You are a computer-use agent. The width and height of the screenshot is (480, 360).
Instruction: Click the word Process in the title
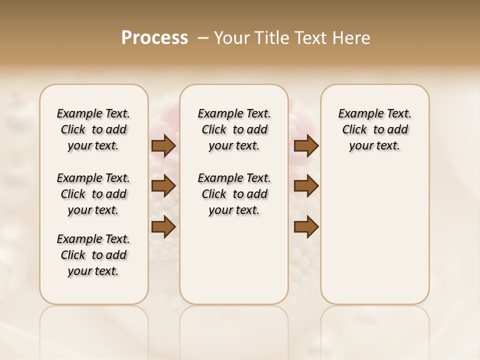pyautogui.click(x=154, y=38)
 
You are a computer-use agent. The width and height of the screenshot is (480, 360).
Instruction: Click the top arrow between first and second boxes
pyautogui.click(x=163, y=145)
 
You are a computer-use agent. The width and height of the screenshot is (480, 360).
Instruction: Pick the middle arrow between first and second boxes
pyautogui.click(x=163, y=186)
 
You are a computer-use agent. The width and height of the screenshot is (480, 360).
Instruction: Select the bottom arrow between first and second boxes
pyautogui.click(x=163, y=226)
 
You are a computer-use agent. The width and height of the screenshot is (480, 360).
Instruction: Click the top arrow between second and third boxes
pyautogui.click(x=306, y=145)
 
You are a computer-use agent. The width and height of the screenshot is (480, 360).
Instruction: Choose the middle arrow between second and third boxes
pyautogui.click(x=306, y=186)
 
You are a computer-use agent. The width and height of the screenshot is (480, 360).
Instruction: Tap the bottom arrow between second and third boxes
pyautogui.click(x=306, y=226)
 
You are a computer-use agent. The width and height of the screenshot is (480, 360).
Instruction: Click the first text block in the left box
pyautogui.click(x=93, y=129)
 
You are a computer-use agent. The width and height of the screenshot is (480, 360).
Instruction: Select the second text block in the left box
pyautogui.click(x=93, y=194)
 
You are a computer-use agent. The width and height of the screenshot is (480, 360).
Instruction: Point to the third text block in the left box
pyautogui.click(x=93, y=255)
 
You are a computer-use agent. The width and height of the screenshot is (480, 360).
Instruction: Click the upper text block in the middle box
pyautogui.click(x=234, y=129)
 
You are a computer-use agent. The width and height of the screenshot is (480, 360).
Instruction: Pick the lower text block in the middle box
pyautogui.click(x=234, y=194)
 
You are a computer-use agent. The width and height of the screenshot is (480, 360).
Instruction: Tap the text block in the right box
pyautogui.click(x=374, y=129)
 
